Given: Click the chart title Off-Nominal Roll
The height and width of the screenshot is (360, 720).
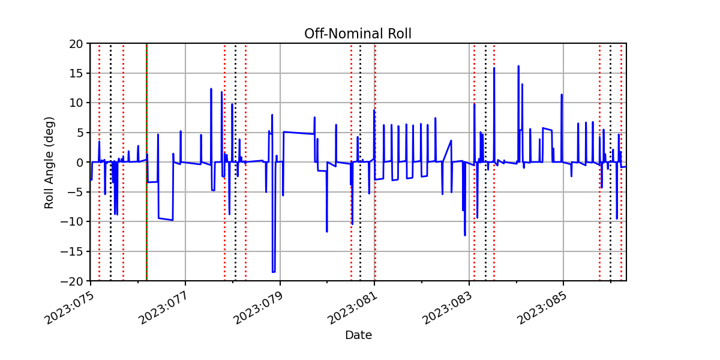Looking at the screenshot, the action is click(x=358, y=34).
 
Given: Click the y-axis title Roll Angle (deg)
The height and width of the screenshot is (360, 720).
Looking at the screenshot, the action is click(x=49, y=163).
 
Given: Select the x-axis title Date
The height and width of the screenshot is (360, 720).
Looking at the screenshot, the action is click(x=358, y=335).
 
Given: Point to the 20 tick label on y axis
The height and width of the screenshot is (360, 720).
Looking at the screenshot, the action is click(x=76, y=44).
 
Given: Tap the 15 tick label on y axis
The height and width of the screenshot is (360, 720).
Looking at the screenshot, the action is click(x=76, y=74).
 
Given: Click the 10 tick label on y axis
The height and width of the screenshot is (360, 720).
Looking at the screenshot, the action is click(x=76, y=103).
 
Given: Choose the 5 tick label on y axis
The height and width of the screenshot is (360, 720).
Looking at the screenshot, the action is click(x=79, y=133).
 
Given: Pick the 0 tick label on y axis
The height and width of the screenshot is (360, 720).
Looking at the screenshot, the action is click(x=79, y=163).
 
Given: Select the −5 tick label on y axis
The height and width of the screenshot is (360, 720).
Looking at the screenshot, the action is click(x=75, y=192).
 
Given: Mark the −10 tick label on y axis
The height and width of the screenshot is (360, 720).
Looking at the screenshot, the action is click(x=71, y=222).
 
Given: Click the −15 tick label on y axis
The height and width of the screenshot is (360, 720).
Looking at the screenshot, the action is click(x=71, y=251).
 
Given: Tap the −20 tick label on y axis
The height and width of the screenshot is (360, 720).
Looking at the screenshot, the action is click(x=71, y=281).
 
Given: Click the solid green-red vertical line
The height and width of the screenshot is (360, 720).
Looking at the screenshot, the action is click(x=146, y=163).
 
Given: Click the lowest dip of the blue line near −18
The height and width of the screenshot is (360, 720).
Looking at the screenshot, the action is click(x=274, y=272).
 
